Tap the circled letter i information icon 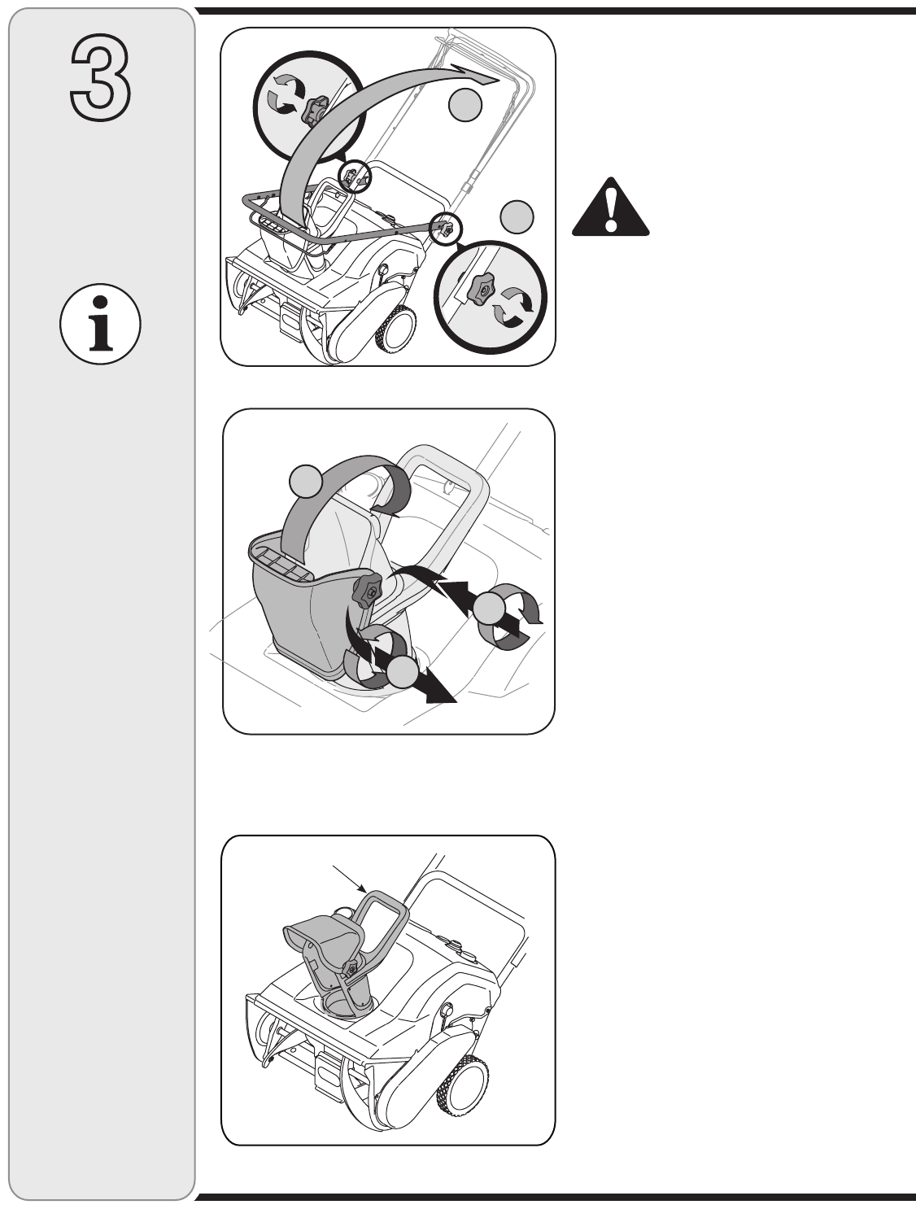tap(100, 324)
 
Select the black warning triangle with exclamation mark tap(610, 207)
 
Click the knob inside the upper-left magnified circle tap(315, 110)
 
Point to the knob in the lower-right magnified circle tap(480, 290)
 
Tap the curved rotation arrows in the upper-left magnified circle tap(286, 96)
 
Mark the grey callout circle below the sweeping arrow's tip tap(465, 105)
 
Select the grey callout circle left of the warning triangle tap(517, 216)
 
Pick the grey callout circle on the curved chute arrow tap(306, 480)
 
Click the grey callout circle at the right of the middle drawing tap(489, 609)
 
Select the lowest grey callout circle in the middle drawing tap(403, 673)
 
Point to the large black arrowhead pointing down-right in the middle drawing tap(440, 692)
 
